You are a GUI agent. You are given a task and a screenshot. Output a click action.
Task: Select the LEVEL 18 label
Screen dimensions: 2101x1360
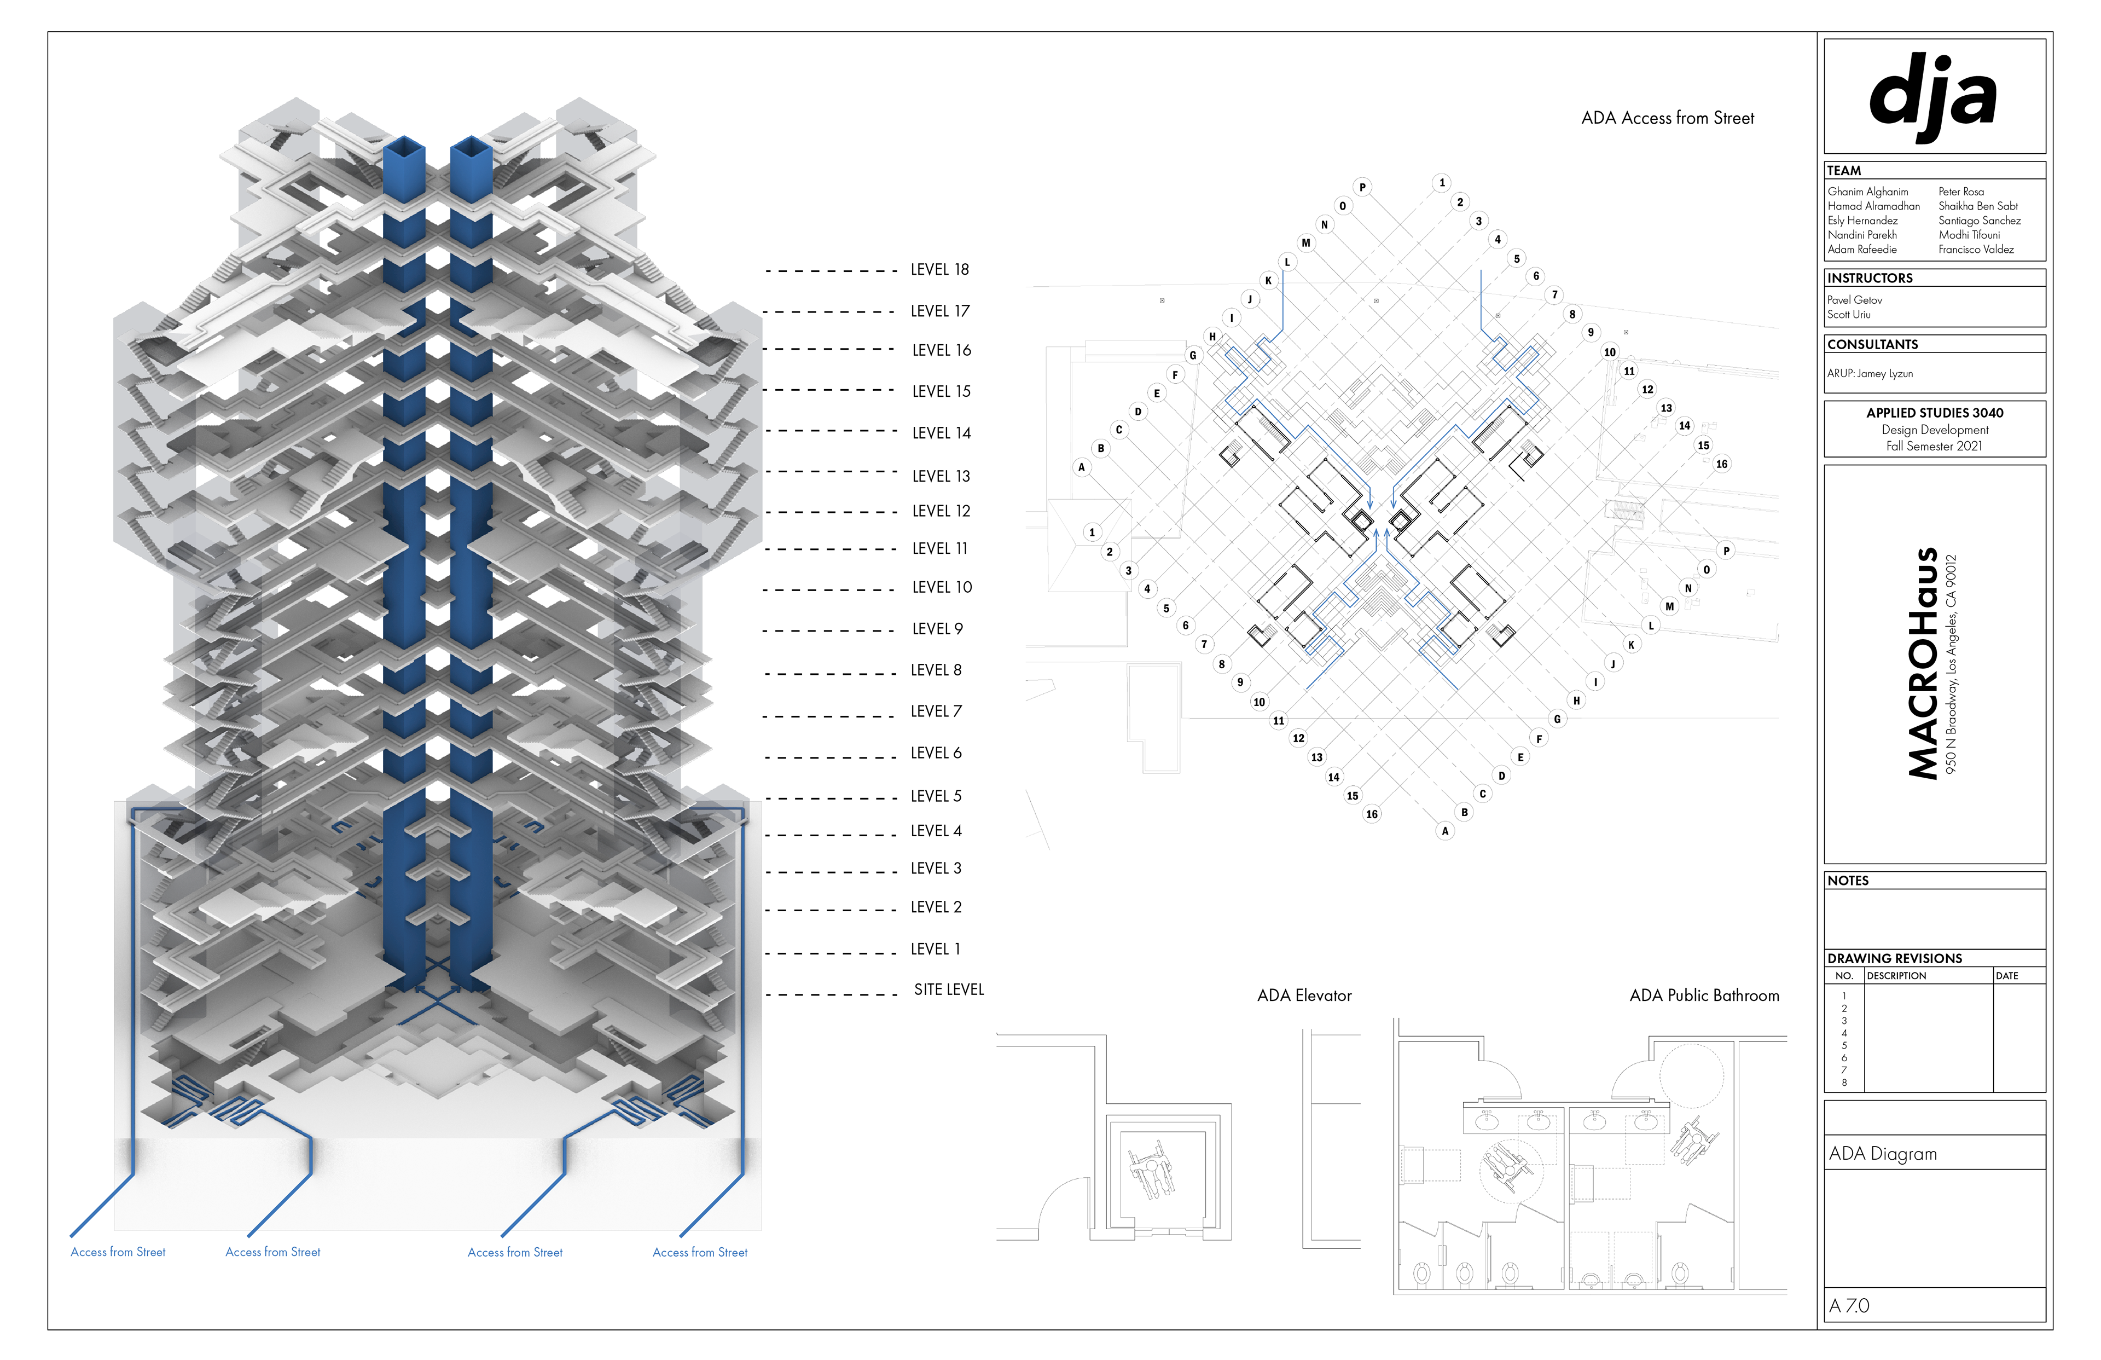coord(939,269)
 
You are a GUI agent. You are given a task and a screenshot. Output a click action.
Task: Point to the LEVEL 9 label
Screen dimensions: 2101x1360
coord(937,629)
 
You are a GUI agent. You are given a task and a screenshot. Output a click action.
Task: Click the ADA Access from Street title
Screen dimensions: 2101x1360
coord(1667,118)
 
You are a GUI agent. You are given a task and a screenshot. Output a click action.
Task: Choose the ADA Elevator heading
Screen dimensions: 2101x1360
coord(1304,996)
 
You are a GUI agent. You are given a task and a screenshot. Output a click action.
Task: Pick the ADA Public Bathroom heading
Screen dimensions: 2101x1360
coord(1704,996)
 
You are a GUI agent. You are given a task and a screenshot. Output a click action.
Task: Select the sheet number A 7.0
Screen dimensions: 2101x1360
coord(1849,1305)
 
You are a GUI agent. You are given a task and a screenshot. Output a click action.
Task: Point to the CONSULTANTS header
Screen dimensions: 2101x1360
coord(1872,344)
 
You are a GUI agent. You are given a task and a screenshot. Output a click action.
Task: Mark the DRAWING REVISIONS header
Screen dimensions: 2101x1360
coord(1894,958)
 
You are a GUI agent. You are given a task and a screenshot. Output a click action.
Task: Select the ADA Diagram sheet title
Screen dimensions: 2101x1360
coord(1882,1153)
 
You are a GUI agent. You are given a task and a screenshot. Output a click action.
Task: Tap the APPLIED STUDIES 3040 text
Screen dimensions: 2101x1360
coord(1934,413)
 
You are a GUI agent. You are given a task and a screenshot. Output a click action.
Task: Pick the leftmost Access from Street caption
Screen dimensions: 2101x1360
coord(118,1252)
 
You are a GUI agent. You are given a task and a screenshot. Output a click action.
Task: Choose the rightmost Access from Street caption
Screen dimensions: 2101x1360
coord(699,1252)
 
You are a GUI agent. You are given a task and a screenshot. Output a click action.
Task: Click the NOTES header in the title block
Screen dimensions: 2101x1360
coord(1848,881)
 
